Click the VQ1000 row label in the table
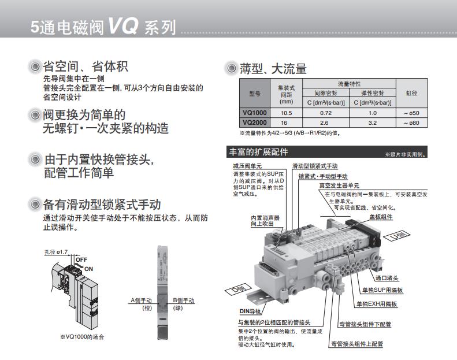254,113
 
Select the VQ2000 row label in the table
254,123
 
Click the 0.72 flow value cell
325,113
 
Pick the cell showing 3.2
373,123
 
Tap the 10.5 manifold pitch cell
286,113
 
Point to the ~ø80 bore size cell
411,123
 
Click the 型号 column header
254,94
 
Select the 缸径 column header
411,93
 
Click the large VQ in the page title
122,25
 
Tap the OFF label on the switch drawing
81,259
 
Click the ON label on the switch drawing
88,269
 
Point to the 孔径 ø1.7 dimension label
56,252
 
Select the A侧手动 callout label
141,300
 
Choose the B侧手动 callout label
183,300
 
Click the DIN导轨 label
250,311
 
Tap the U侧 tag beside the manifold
397,236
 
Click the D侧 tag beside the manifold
239,289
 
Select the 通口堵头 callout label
387,278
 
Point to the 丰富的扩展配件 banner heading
258,151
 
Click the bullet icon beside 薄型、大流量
232,68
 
